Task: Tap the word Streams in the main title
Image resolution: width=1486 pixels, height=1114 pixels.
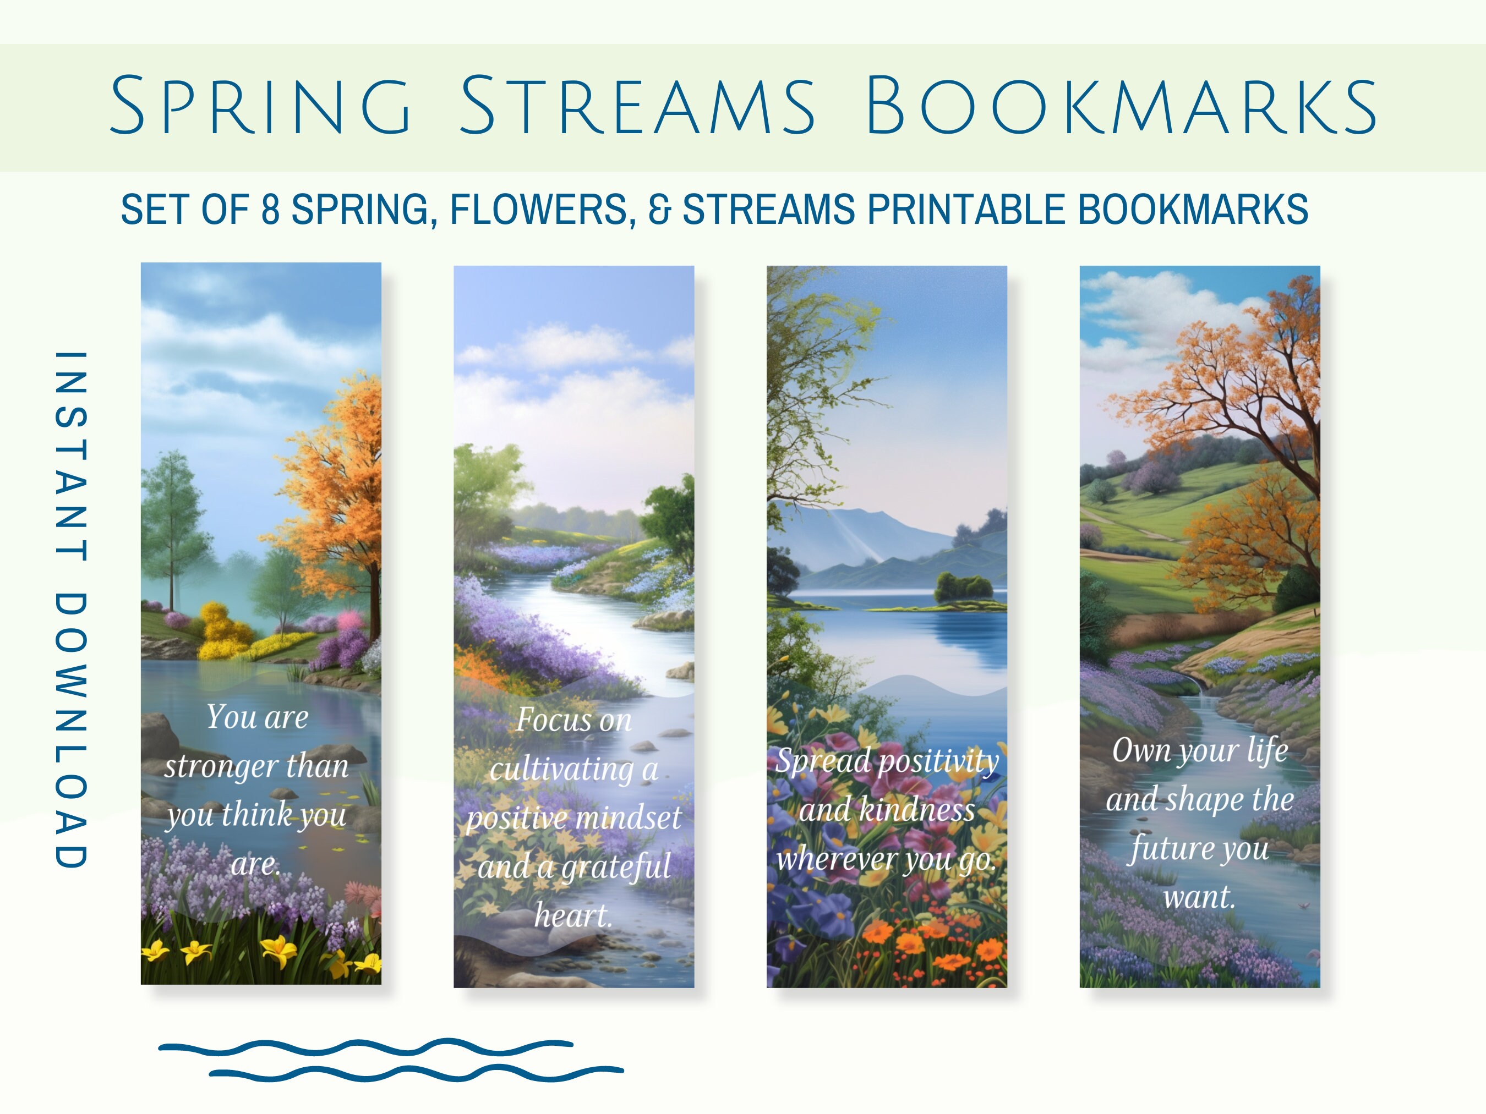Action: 637,106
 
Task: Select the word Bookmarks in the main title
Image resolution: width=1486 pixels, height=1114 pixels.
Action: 1121,106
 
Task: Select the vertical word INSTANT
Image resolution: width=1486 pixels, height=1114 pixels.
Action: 70,456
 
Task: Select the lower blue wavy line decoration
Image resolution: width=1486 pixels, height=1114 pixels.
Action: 417,1073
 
